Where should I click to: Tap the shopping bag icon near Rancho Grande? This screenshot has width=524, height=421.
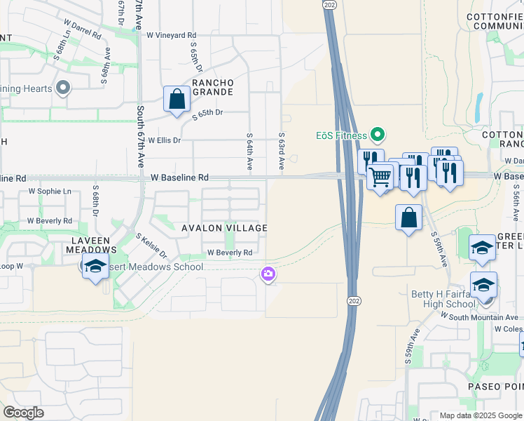tap(177, 100)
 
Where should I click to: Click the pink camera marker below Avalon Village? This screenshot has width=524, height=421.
tap(268, 274)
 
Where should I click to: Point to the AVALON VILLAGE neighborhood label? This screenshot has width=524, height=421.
tap(224, 228)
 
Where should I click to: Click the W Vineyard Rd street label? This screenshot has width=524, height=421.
tap(171, 34)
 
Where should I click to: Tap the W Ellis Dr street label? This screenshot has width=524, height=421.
tap(164, 140)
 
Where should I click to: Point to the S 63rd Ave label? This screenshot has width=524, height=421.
tap(281, 151)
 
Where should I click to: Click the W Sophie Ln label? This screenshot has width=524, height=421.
tap(49, 191)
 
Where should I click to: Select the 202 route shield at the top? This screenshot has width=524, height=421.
tap(329, 4)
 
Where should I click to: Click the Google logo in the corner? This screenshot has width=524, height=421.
tap(23, 413)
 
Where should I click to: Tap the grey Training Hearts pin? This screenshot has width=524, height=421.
tap(63, 88)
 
